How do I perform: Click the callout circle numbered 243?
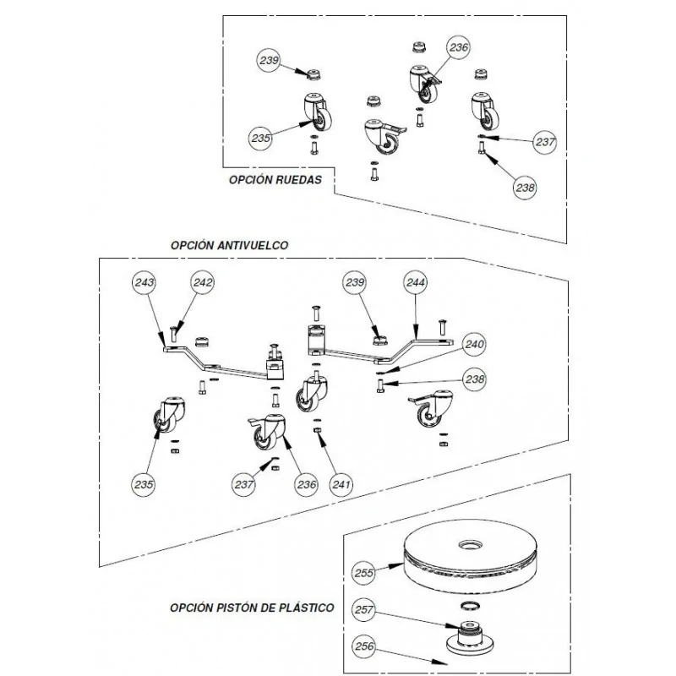pos(144,284)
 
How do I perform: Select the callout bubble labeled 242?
pos(203,284)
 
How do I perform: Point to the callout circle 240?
pos(476,345)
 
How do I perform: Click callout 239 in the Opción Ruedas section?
pos(270,60)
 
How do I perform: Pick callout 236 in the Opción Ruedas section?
pos(458,48)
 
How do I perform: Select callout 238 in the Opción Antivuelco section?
pos(476,381)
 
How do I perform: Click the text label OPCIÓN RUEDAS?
pos(275,180)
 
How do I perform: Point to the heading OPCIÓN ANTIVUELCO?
pos(229,244)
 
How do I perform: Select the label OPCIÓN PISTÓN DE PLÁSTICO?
pos(251,607)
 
